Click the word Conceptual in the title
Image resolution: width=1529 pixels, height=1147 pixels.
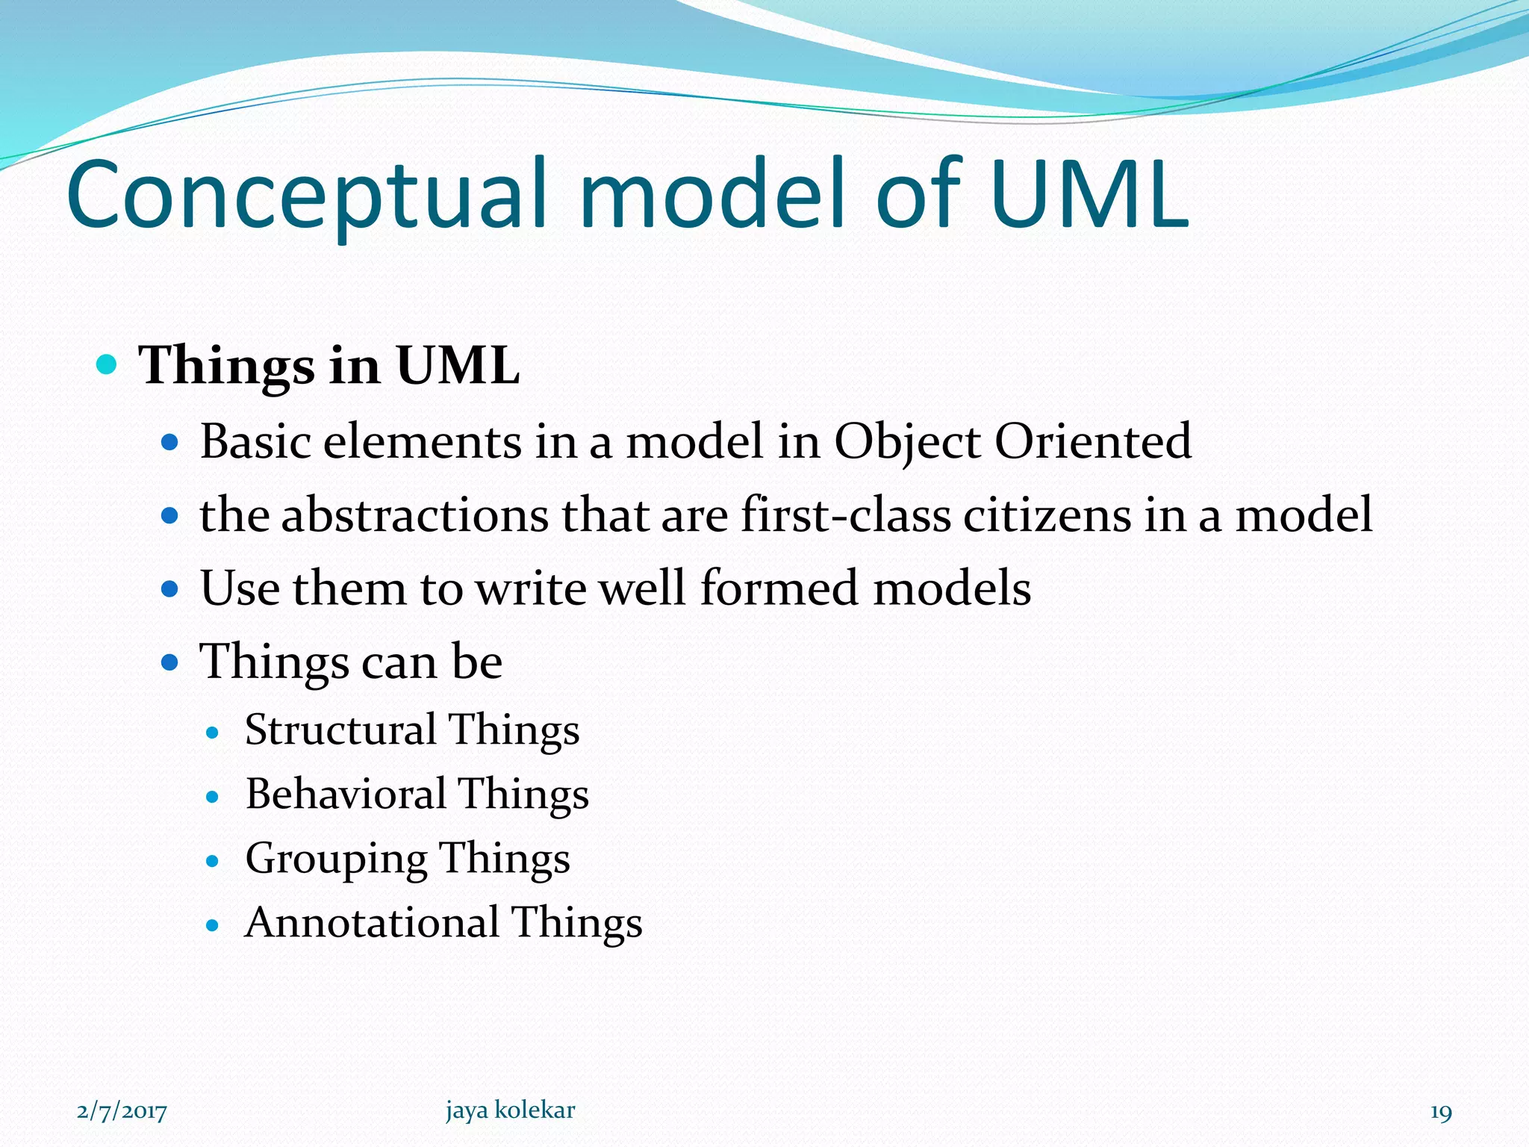click(x=314, y=196)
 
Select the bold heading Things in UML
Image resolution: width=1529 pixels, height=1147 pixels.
click(x=328, y=366)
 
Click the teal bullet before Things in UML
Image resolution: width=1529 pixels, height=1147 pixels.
click(x=108, y=365)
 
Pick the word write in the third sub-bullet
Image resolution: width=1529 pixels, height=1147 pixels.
click(x=532, y=588)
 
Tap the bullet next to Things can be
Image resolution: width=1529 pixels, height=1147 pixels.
click(x=171, y=662)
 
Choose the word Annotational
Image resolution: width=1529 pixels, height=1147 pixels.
click(x=372, y=923)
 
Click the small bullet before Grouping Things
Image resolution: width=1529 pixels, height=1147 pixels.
click(x=213, y=862)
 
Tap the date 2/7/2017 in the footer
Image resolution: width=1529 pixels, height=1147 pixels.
click(x=122, y=1111)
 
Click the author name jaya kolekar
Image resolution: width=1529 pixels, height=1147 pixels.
click(x=511, y=1110)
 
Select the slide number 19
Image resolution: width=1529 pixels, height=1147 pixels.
click(x=1441, y=1112)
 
